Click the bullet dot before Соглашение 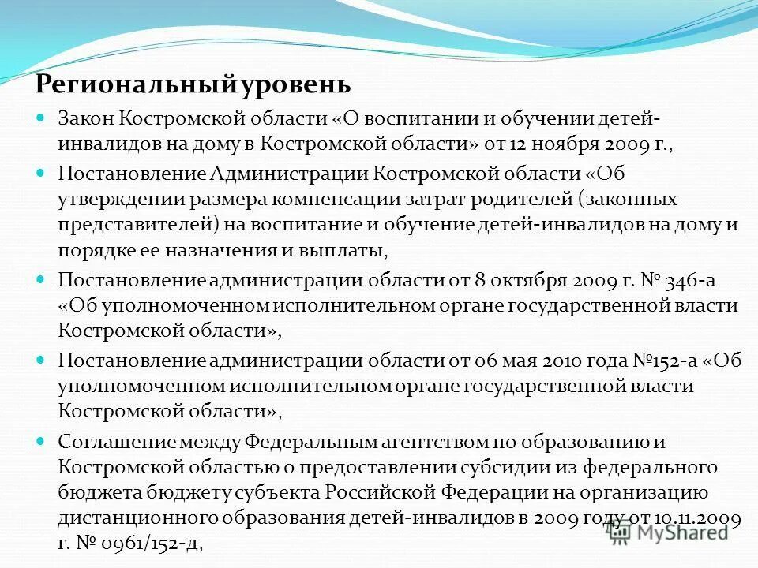coord(42,440)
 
